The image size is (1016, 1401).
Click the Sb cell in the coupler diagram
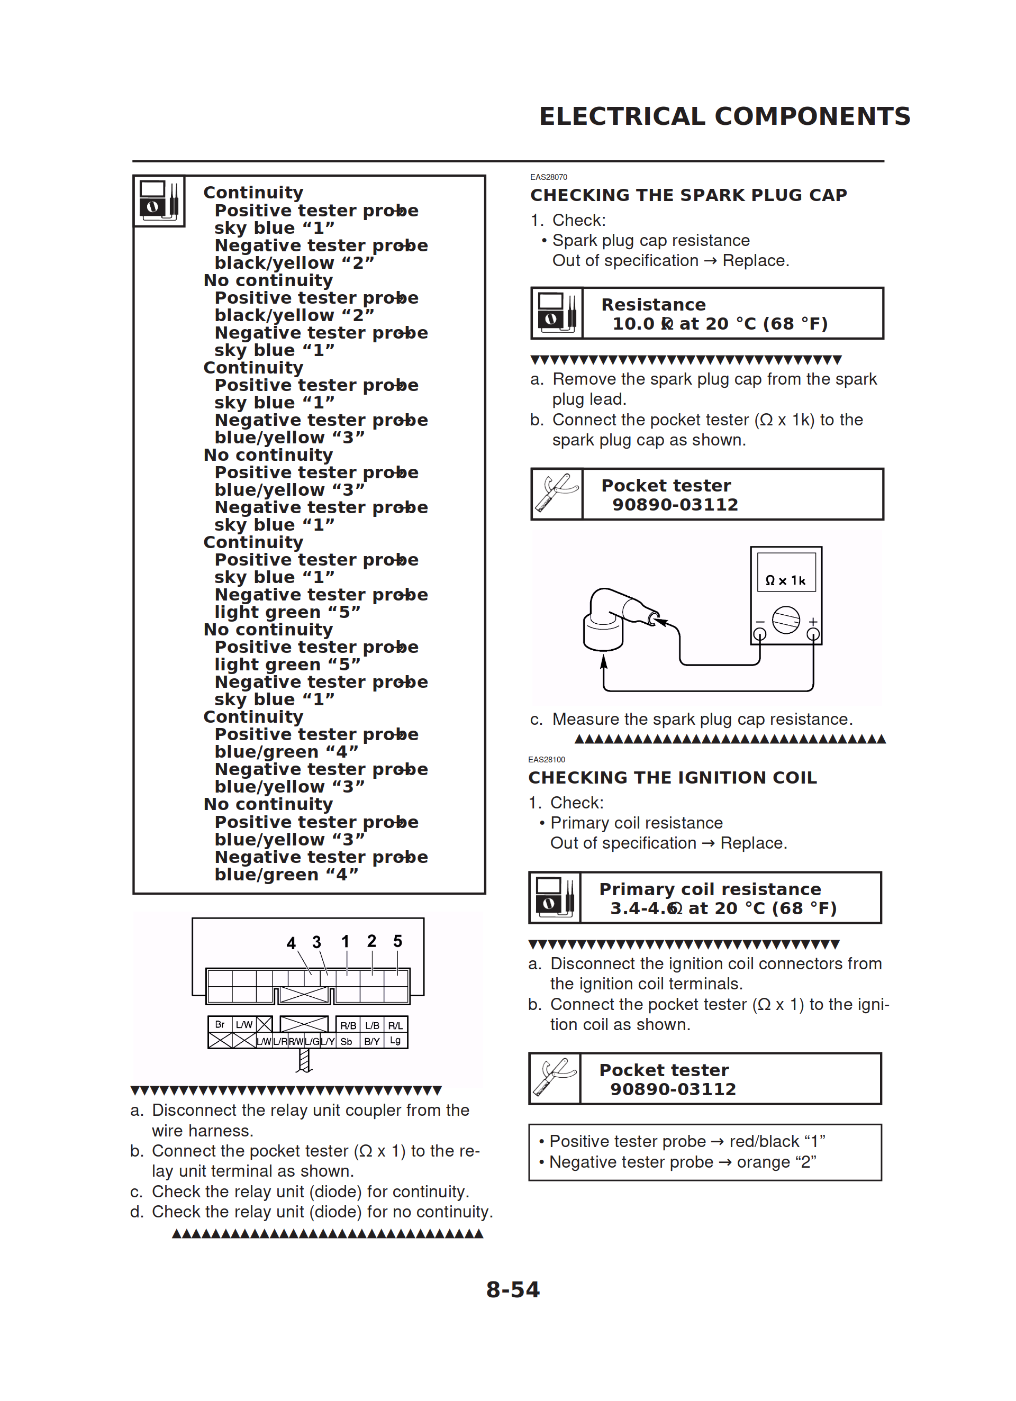(x=346, y=1041)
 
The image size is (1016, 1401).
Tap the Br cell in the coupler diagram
(x=220, y=1024)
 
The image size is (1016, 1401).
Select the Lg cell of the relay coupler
(x=395, y=1041)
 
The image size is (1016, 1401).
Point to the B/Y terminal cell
(x=372, y=1041)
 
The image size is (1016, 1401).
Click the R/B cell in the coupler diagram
(x=348, y=1025)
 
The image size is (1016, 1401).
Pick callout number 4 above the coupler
(x=291, y=943)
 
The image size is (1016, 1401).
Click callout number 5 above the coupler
(x=397, y=941)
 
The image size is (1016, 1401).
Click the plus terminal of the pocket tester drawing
(x=813, y=634)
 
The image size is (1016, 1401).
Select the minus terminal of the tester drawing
(x=759, y=634)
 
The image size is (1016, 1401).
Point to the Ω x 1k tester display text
(x=785, y=580)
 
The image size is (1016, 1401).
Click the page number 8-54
(x=512, y=1290)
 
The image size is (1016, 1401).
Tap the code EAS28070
(x=548, y=177)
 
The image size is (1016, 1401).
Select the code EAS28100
(x=546, y=760)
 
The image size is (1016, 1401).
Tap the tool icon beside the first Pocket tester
(x=557, y=494)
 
